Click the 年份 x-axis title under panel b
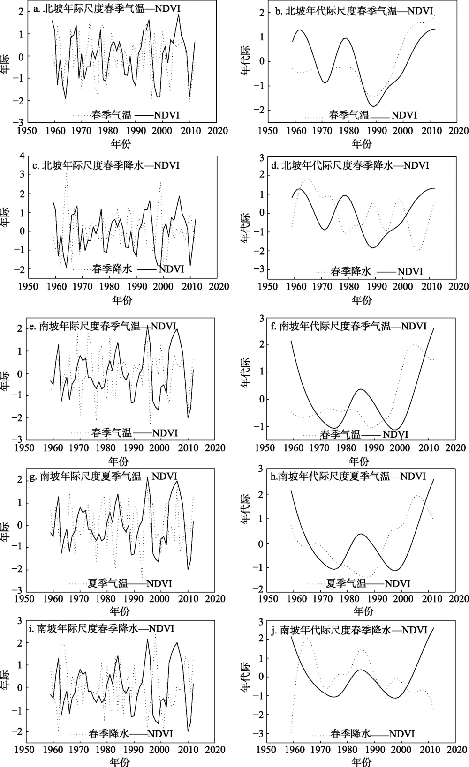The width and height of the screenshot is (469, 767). click(362, 143)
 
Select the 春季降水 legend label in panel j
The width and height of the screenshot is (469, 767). click(350, 734)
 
